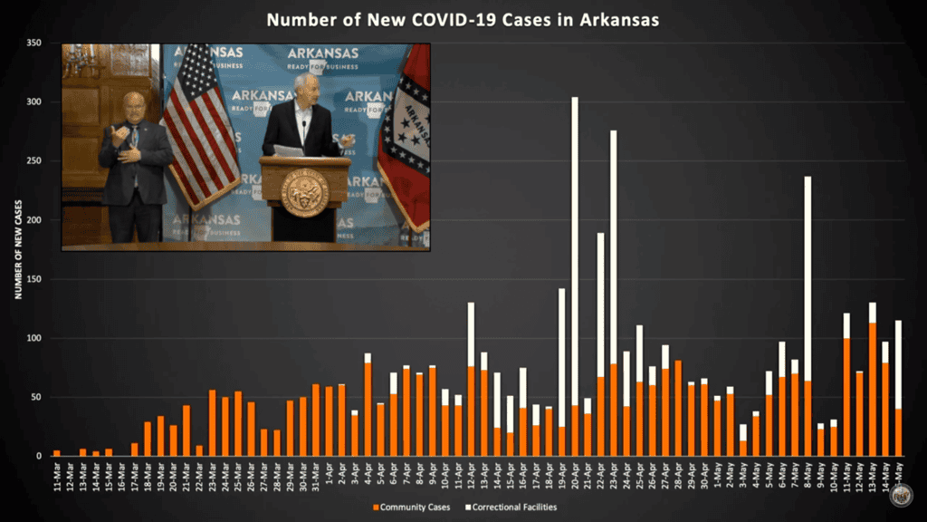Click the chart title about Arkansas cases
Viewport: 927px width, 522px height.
click(463, 18)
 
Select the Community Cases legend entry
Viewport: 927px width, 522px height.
click(411, 507)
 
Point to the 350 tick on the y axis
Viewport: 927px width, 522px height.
click(35, 43)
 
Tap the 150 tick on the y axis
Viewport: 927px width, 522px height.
click(35, 279)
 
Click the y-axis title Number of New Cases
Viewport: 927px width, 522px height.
click(17, 249)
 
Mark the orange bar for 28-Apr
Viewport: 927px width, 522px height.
click(678, 408)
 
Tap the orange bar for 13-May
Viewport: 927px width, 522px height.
click(873, 389)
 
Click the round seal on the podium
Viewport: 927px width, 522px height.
click(305, 191)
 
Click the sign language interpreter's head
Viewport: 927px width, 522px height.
click(134, 106)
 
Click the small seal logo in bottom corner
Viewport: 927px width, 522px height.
click(900, 495)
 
